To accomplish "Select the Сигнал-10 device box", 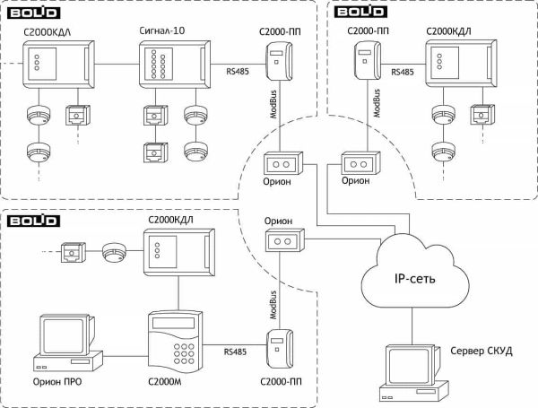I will coord(175,71).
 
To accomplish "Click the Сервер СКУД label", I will coord(482,350).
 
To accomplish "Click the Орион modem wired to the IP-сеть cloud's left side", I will coord(282,241).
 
